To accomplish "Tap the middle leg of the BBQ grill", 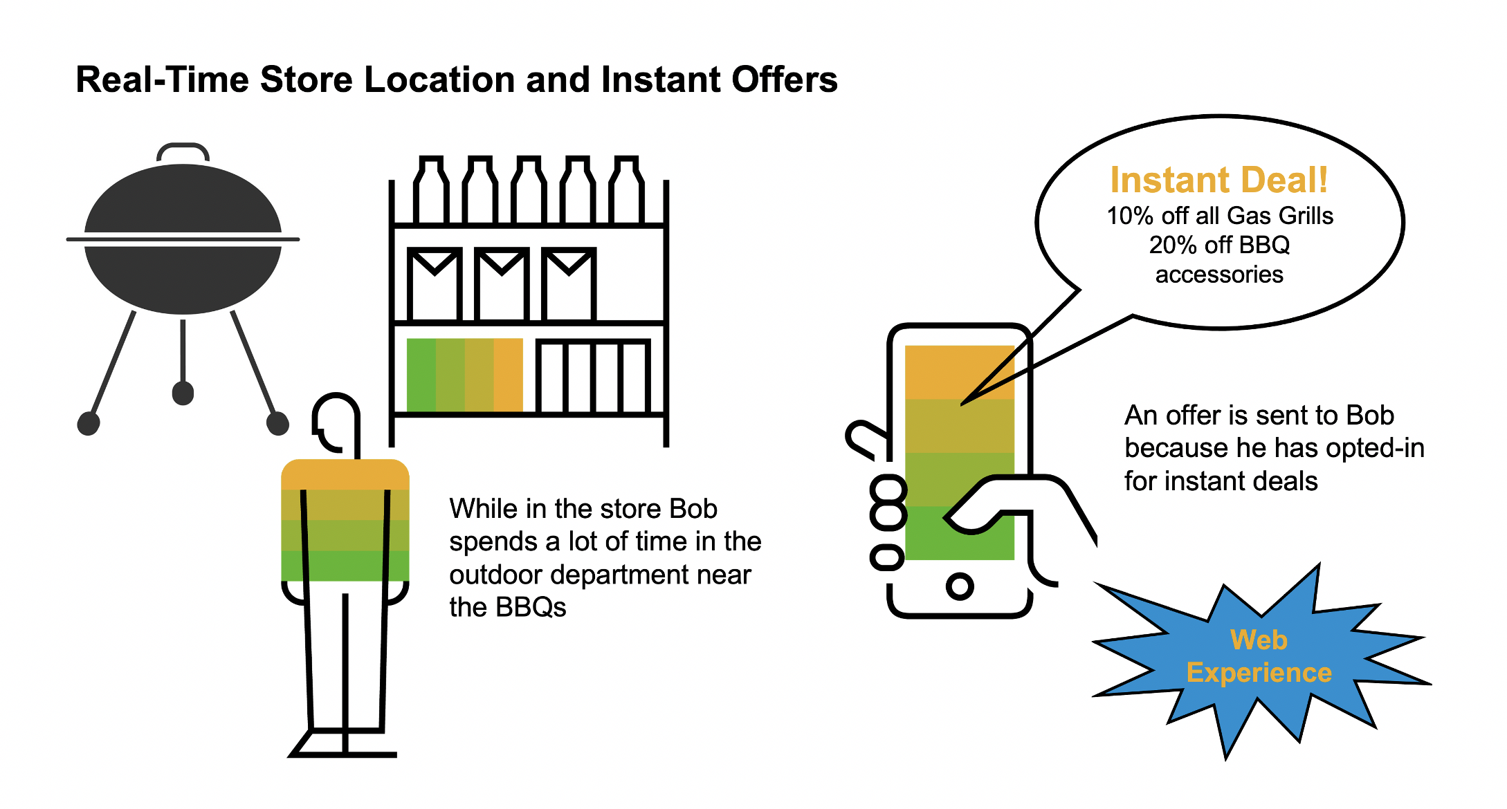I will point(183,360).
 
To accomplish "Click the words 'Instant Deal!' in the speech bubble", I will point(1218,180).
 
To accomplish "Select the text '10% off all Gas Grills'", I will point(1219,216).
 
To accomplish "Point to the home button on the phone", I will point(960,586).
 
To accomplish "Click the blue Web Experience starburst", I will point(1259,657).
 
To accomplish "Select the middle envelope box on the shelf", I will point(502,283).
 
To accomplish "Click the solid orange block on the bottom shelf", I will point(508,374).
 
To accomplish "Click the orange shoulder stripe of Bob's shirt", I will point(345,475).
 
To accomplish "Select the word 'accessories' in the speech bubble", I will point(1219,275).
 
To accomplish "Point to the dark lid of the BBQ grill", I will point(183,201).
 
